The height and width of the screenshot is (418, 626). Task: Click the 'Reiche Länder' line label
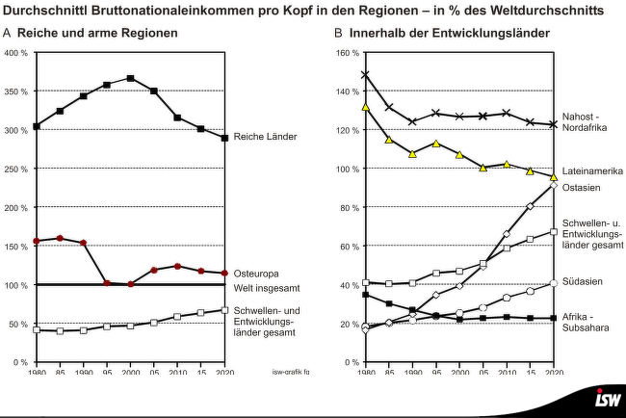[266, 137]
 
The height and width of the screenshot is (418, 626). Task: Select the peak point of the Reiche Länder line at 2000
[130, 78]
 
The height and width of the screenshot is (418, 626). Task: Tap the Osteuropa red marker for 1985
[60, 238]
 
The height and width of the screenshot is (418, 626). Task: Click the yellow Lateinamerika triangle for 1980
[366, 107]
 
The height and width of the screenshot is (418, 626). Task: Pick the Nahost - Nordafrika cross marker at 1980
[366, 75]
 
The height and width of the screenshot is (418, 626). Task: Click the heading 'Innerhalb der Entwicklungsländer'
[449, 33]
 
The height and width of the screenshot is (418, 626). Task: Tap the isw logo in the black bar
[608, 400]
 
